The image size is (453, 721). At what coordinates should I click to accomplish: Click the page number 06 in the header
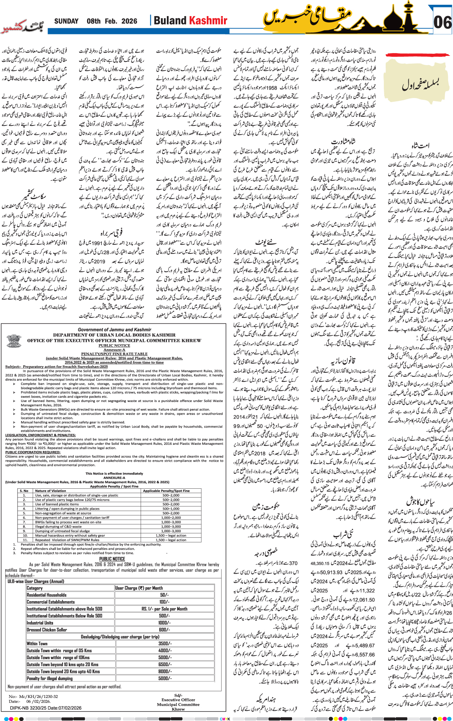click(442, 22)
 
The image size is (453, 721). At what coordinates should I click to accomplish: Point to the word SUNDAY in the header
click(66, 21)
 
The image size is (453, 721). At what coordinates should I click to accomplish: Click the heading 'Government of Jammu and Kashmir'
click(114, 330)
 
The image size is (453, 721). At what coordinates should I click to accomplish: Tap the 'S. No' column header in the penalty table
click(24, 491)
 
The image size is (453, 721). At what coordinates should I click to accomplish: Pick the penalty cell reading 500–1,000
click(171, 508)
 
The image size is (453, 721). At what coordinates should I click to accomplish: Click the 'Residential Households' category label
click(46, 595)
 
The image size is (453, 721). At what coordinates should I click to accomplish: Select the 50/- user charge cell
click(164, 595)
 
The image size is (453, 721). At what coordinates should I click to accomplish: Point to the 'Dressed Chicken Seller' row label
click(46, 630)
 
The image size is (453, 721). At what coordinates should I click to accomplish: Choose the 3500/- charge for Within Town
click(164, 643)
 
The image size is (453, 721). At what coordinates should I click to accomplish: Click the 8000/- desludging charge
click(164, 671)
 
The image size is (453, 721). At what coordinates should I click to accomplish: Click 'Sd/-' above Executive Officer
click(178, 695)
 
